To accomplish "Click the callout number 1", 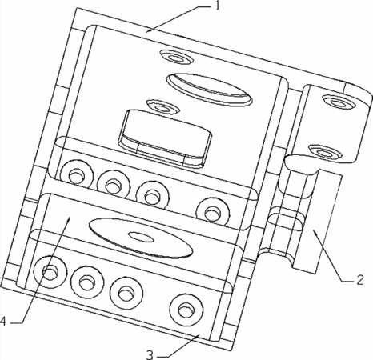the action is click(217, 6).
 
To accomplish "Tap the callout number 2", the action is click(359, 280).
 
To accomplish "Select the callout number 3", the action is click(150, 355).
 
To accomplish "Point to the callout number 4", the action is click(3, 322).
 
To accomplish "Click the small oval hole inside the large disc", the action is click(141, 237).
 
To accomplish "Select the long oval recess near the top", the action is click(210, 90).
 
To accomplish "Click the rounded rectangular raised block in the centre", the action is click(166, 139).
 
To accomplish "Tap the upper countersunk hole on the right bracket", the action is click(339, 102).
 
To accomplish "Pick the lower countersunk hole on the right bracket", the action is click(325, 152).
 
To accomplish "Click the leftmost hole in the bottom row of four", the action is click(50, 272).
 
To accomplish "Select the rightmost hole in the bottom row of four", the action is click(186, 310).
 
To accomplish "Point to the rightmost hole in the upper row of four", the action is click(213, 213).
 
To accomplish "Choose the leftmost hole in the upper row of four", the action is click(77, 175).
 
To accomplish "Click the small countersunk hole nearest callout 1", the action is click(177, 58).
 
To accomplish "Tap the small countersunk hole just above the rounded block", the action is click(162, 107).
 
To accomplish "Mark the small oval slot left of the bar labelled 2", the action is click(286, 222).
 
